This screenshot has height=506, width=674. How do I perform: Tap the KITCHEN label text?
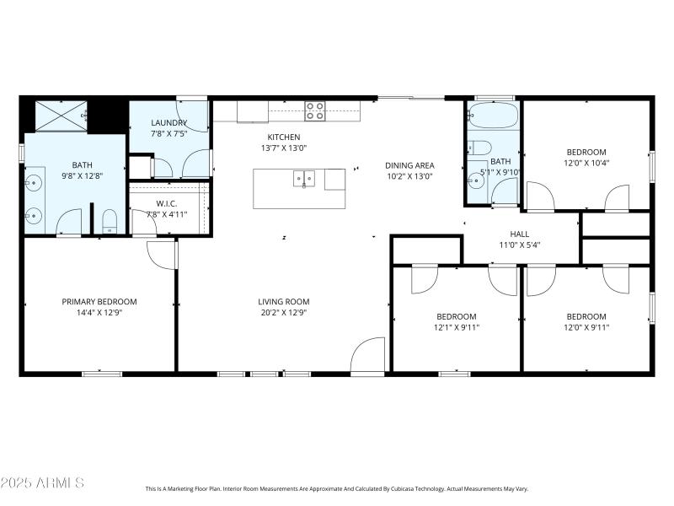click(284, 137)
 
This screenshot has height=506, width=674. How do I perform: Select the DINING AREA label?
click(409, 165)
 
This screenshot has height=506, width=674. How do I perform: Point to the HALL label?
click(519, 234)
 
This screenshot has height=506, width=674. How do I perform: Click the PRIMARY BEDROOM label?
click(99, 301)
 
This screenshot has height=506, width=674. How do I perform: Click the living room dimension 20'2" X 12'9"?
click(284, 312)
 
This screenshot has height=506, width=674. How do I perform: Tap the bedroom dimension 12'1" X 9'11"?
click(456, 327)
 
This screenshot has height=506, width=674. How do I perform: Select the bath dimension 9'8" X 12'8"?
click(82, 176)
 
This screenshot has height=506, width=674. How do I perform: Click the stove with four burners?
click(315, 110)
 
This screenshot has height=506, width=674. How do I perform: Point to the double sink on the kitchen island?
click(304, 178)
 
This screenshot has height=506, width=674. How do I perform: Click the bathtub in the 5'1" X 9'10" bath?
click(493, 116)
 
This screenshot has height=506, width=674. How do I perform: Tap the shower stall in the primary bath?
click(62, 116)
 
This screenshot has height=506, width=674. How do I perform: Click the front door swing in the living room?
click(368, 355)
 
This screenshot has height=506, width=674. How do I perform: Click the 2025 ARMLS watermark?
click(42, 483)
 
